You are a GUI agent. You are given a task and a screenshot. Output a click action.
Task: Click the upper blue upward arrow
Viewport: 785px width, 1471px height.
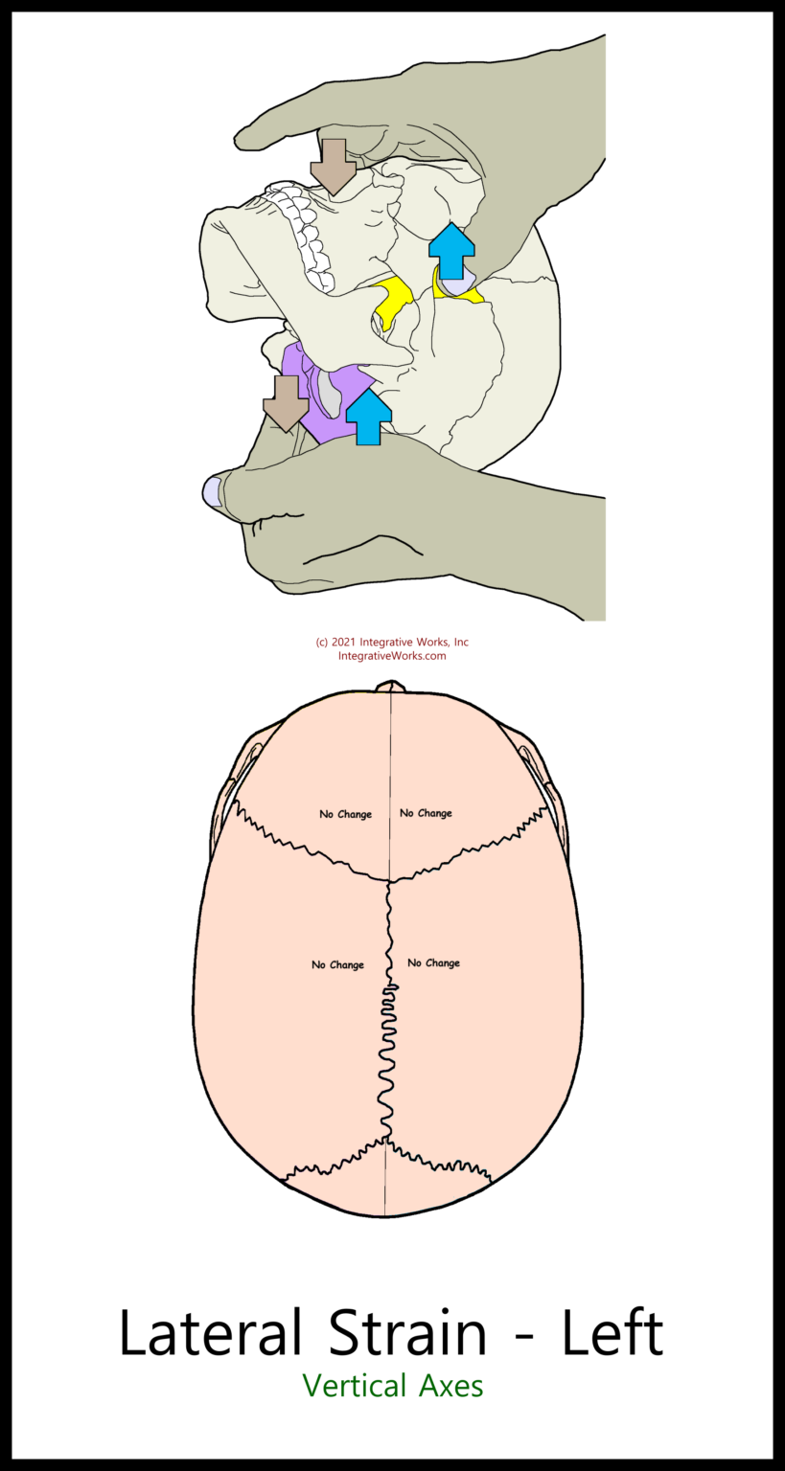451,251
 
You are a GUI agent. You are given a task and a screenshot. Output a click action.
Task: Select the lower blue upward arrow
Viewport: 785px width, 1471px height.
369,417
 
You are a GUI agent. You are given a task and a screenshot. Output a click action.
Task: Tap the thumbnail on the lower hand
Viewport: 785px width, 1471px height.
213,491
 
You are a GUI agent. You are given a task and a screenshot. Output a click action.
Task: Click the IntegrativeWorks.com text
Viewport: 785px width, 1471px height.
392,655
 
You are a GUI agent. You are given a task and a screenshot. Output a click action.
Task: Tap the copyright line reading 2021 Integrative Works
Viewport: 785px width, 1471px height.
392,642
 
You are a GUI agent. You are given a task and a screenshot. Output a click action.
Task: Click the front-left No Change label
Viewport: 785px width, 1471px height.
346,814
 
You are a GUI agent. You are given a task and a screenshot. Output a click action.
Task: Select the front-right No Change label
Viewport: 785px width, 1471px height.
426,813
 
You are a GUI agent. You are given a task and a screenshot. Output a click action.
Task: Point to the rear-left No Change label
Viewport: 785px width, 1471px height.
338,964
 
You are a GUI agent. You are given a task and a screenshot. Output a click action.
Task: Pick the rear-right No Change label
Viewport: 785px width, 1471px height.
434,962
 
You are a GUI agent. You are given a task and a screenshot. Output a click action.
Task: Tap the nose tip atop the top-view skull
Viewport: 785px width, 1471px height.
390,687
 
